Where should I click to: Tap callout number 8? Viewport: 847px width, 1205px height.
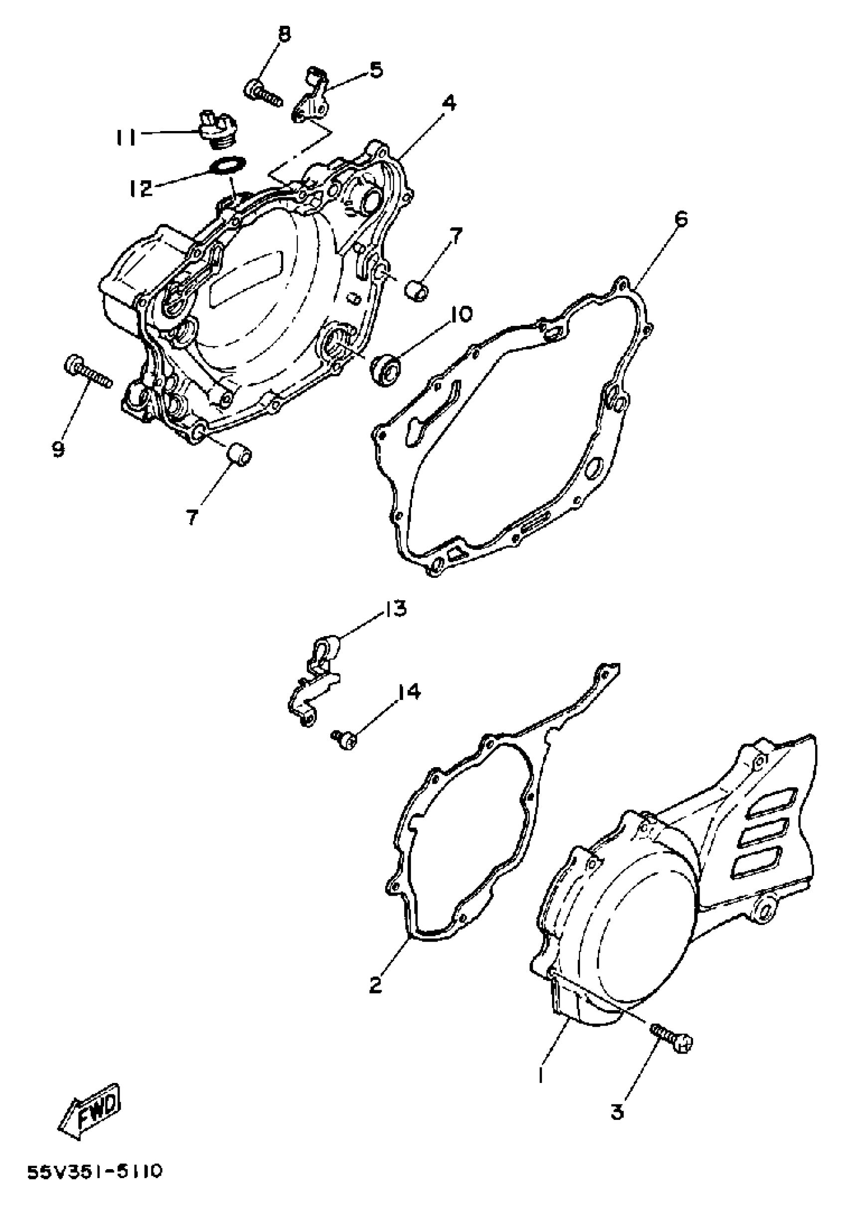point(284,35)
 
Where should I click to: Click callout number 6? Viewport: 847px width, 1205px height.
point(680,219)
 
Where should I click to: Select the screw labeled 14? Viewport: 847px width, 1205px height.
point(344,737)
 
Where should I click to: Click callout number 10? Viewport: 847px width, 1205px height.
point(460,314)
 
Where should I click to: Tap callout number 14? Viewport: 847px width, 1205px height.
point(409,693)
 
